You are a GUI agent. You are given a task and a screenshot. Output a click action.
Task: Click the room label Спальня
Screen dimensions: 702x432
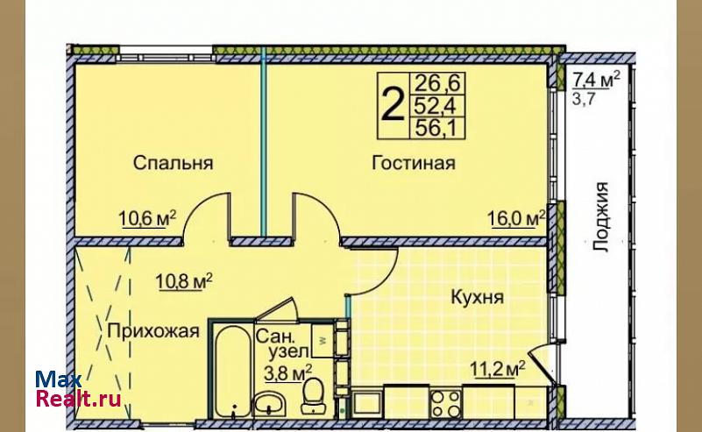[173, 162]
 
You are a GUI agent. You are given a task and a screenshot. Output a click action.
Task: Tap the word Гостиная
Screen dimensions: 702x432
[414, 162]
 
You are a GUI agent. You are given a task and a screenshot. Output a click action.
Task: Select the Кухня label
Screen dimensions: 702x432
[478, 297]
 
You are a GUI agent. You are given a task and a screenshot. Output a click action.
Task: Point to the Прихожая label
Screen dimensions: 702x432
[153, 331]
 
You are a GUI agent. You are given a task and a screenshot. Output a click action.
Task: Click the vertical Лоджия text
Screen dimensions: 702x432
[601, 216]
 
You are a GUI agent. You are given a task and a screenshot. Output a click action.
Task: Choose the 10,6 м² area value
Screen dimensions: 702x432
[147, 218]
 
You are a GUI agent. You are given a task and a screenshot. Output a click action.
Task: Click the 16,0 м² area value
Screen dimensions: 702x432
[516, 218]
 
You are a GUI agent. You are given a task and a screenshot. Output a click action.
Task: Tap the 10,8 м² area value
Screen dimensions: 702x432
[183, 281]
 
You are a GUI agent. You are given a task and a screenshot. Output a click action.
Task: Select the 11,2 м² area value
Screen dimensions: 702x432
[497, 369]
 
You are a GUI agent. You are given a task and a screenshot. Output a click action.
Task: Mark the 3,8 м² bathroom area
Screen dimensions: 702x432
[287, 373]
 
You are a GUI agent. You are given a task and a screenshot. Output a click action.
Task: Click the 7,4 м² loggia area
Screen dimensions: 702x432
[597, 80]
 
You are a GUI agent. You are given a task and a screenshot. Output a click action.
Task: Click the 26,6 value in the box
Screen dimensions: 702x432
[438, 83]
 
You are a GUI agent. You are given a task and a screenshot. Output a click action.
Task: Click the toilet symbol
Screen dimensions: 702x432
[313, 396]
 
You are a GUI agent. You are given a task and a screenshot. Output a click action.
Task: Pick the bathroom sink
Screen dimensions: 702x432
[269, 403]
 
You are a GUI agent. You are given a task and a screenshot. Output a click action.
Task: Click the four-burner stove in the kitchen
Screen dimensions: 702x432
[445, 403]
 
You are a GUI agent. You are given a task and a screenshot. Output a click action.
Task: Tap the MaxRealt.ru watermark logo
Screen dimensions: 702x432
[78, 388]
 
